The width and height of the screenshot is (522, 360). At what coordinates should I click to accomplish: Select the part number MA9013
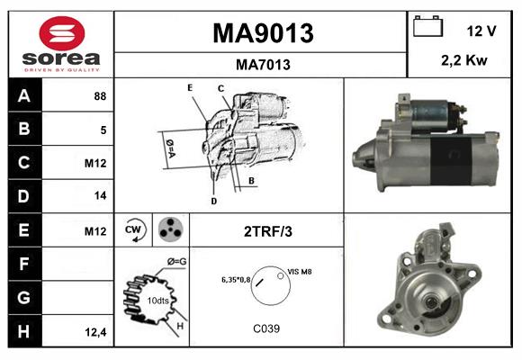[262, 33]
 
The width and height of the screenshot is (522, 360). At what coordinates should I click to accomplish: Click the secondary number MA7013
[262, 65]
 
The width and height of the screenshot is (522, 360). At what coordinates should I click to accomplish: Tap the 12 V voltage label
[481, 31]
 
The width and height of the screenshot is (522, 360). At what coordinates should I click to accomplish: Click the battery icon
[427, 27]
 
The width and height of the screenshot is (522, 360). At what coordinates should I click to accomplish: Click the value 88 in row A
[100, 95]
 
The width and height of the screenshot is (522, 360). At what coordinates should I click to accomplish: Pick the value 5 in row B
[103, 130]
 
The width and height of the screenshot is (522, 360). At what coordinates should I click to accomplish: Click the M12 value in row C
[95, 164]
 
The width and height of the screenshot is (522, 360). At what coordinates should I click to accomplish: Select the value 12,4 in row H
[96, 332]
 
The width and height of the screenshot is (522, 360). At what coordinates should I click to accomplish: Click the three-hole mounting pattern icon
[169, 230]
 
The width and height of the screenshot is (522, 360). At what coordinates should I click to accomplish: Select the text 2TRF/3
[267, 231]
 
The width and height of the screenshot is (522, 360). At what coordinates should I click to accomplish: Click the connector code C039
[266, 328]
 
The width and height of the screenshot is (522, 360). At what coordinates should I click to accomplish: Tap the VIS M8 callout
[300, 271]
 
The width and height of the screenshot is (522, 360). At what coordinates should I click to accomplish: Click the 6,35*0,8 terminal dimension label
[236, 280]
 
